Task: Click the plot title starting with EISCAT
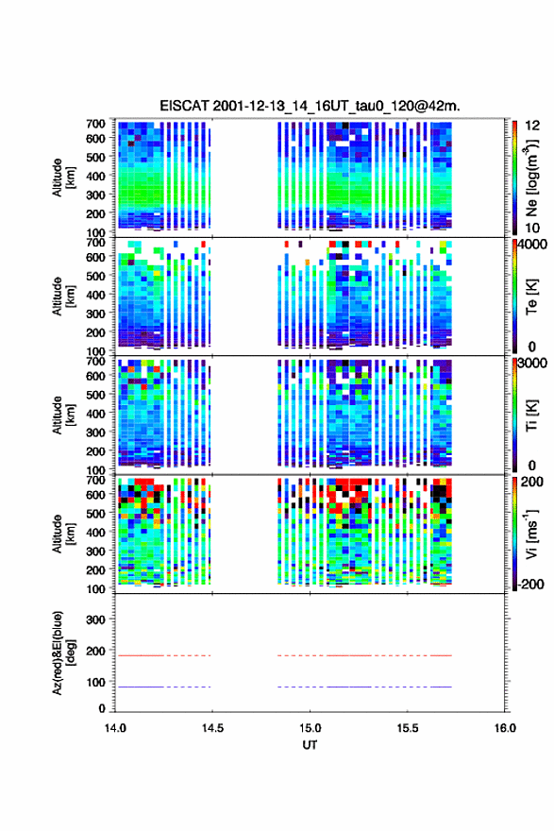[310, 106]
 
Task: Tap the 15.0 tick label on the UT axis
[310, 728]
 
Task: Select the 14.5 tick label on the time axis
[212, 728]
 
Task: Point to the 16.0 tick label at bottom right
[505, 728]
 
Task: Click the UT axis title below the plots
[310, 745]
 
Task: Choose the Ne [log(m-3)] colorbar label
[531, 178]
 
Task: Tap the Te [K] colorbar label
[531, 297]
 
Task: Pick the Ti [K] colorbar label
[531, 415]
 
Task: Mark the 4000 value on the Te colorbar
[532, 245]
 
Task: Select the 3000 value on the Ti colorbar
[532, 364]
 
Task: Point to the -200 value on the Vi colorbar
[529, 584]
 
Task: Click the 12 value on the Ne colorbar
[532, 126]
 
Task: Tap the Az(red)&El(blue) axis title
[63, 653]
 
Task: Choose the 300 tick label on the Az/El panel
[96, 619]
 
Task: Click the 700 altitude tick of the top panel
[96, 124]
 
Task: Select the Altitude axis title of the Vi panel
[63, 534]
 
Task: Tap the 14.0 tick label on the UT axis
[115, 728]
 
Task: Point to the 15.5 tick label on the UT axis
[408, 728]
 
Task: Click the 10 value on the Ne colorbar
[532, 228]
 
